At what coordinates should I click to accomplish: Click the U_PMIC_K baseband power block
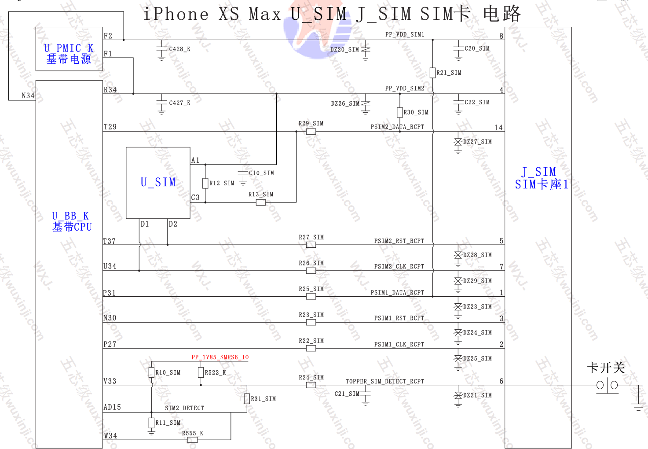click(x=69, y=49)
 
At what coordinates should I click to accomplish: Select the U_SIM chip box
click(x=158, y=183)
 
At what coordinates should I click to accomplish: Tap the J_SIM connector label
click(x=541, y=178)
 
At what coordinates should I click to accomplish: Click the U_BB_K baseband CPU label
click(x=72, y=221)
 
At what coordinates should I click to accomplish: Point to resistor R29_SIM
click(x=311, y=131)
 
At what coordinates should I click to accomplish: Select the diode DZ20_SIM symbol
click(x=365, y=50)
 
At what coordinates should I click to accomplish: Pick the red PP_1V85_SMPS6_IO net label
click(x=220, y=357)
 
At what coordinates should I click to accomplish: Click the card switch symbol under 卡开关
click(x=608, y=385)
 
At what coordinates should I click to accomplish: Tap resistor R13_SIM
click(x=261, y=202)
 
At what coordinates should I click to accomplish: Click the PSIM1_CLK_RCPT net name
click(x=399, y=344)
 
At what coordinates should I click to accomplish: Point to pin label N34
click(x=28, y=96)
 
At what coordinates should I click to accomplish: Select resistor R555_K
click(x=192, y=439)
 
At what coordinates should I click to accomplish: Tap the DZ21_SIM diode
click(x=458, y=395)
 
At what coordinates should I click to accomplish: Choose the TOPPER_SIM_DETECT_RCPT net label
click(x=384, y=381)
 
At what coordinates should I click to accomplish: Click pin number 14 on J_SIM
click(x=498, y=128)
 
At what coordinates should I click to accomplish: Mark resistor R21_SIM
click(x=433, y=73)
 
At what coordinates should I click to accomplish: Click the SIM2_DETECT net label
click(x=184, y=408)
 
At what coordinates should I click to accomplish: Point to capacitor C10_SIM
click(x=243, y=173)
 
